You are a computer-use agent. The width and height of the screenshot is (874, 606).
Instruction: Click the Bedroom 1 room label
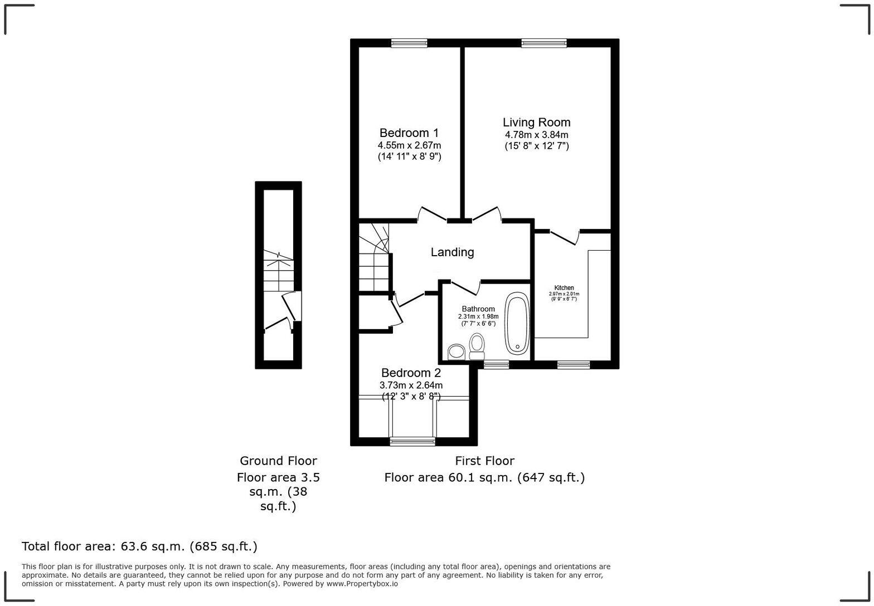(x=409, y=133)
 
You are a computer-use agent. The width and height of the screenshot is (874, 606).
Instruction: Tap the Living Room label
(x=536, y=123)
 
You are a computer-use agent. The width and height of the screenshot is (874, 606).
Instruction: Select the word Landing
(x=452, y=252)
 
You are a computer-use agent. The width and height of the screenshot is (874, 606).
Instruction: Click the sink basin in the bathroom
(x=457, y=351)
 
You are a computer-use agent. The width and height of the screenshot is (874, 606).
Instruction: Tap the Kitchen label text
(x=564, y=288)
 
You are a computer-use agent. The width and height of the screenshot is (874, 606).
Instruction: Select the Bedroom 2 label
(x=411, y=373)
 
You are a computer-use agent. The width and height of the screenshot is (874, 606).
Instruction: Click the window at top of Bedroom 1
(x=409, y=43)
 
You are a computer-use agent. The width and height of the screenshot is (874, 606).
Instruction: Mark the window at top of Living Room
(x=543, y=43)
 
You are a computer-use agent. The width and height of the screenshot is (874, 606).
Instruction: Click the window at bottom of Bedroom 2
(x=412, y=442)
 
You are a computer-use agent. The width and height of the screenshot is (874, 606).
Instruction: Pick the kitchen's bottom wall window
(x=573, y=365)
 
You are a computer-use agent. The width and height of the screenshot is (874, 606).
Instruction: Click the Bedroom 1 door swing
(x=432, y=214)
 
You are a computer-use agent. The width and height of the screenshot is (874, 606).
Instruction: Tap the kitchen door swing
(x=564, y=237)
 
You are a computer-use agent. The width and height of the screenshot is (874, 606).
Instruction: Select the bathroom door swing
(x=466, y=287)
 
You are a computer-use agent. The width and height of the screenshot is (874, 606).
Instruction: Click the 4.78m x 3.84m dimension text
(x=536, y=135)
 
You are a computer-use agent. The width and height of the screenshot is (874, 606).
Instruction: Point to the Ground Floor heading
(x=278, y=461)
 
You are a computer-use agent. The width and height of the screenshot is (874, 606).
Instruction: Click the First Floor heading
(x=484, y=461)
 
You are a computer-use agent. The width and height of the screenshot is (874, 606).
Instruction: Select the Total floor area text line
(x=139, y=546)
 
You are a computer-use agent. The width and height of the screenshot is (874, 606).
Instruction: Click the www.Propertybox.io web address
(x=362, y=584)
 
